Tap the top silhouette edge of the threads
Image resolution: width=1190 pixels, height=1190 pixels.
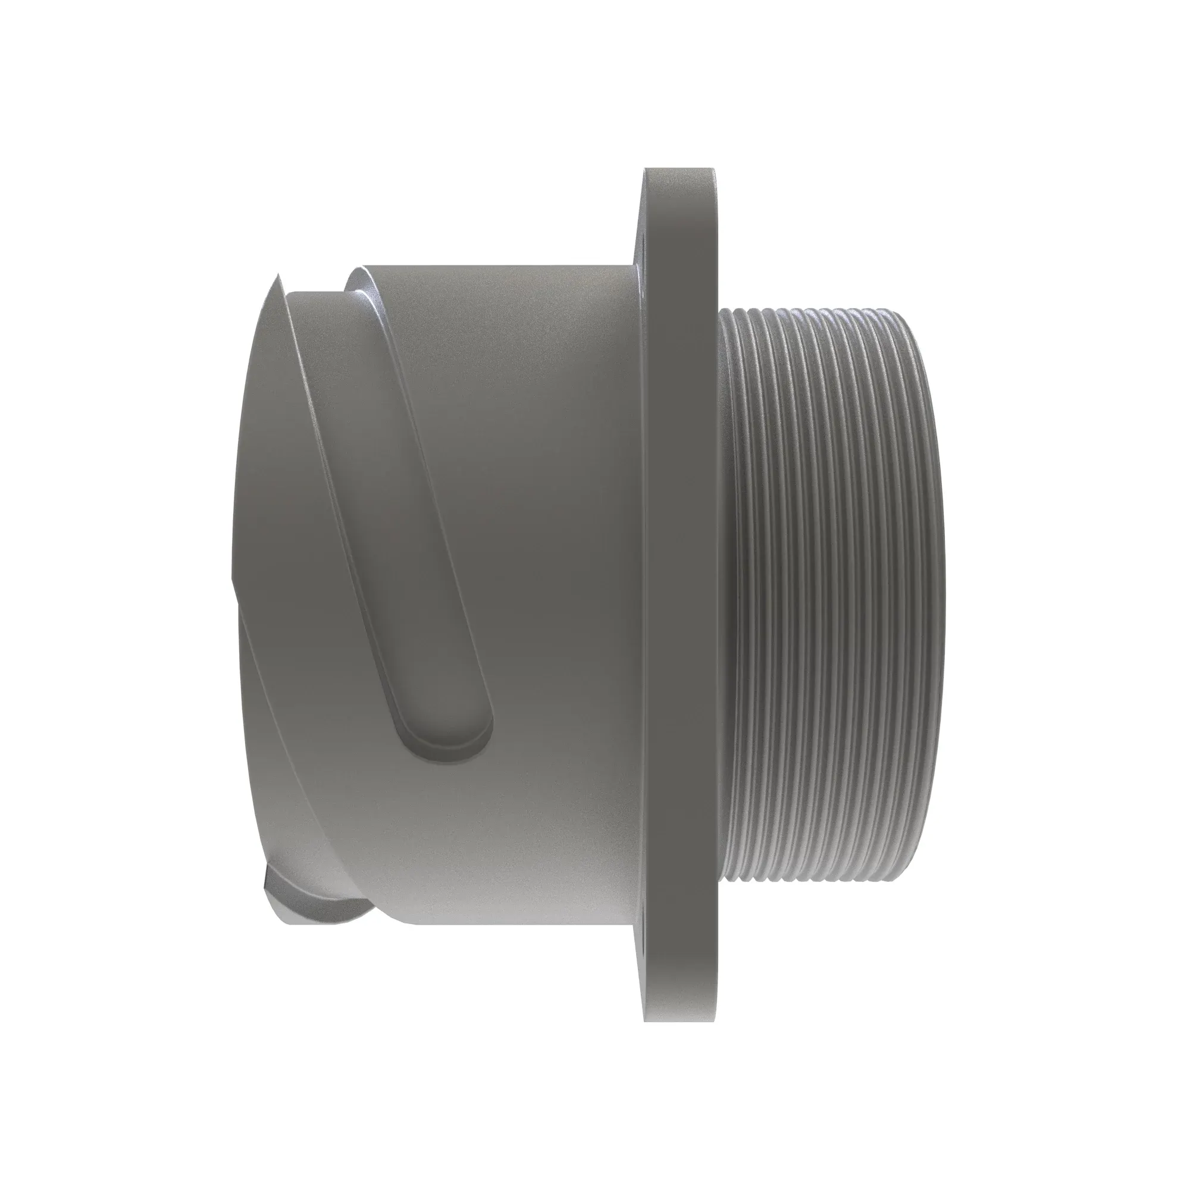click(819, 309)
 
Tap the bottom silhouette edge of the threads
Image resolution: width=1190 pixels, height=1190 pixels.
click(819, 881)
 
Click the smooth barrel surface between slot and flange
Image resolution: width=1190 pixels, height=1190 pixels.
click(555, 555)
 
